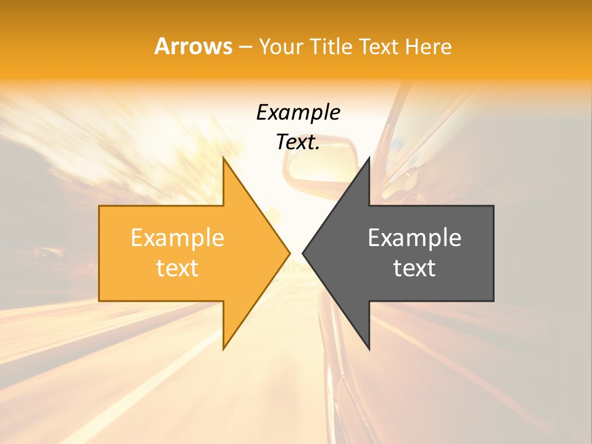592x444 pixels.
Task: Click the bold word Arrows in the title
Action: click(193, 46)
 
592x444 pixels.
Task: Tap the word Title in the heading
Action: click(334, 47)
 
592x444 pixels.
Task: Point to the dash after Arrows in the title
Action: click(245, 47)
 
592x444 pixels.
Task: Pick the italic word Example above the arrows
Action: click(298, 112)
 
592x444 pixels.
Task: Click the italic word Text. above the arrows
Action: click(298, 142)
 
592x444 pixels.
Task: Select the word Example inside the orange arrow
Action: click(178, 237)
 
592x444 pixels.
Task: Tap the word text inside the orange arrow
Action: click(178, 268)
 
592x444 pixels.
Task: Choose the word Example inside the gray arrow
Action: click(414, 237)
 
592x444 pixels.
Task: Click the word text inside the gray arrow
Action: click(414, 268)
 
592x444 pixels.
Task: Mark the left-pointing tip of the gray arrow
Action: click(305, 253)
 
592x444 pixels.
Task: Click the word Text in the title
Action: click(378, 47)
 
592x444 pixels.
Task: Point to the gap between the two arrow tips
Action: click(296, 253)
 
